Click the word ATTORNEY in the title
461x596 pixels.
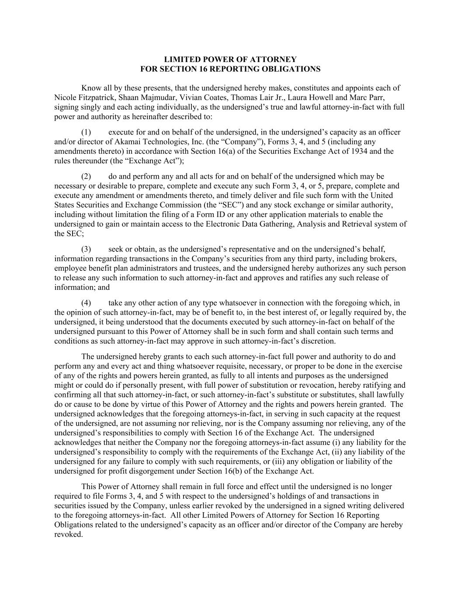(277, 59)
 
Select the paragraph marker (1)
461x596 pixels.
(86, 132)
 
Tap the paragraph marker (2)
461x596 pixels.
(86, 176)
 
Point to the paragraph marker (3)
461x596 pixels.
(86, 249)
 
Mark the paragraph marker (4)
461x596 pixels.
(86, 303)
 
